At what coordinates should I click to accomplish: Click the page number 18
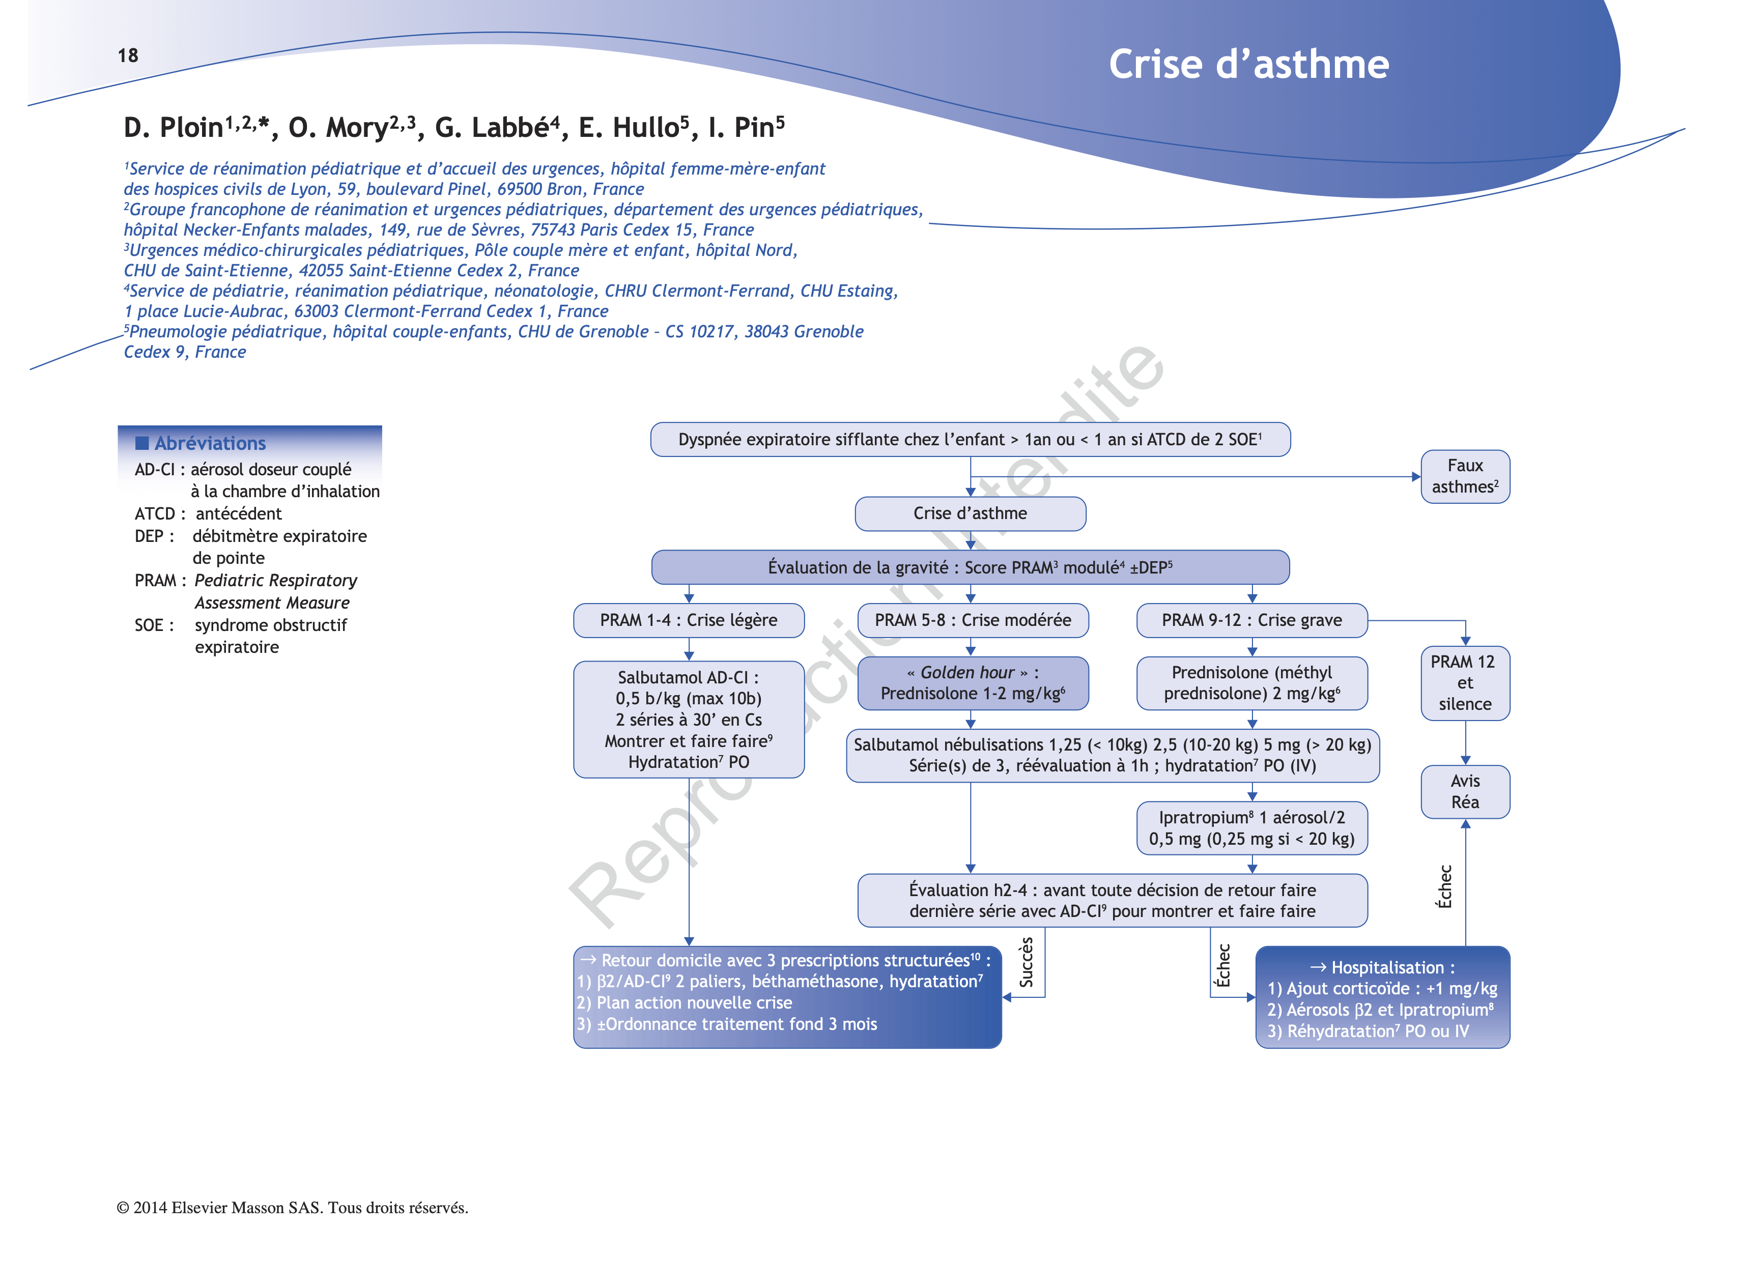pos(128,55)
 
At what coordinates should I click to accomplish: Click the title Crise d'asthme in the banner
pos(1248,64)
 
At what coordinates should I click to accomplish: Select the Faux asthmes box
pos(1464,476)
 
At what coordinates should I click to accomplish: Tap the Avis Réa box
pos(1464,791)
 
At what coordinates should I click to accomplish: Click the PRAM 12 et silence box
pos(1464,682)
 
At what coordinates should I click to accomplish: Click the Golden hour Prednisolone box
pos(972,683)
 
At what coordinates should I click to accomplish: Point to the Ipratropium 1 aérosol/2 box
pos(1251,828)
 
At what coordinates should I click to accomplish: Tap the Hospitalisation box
pos(1382,998)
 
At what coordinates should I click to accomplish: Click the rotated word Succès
pos(1026,962)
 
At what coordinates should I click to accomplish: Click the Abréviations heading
pos(210,443)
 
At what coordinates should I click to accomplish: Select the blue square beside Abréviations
pos(141,443)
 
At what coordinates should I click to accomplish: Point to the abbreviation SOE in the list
pos(149,625)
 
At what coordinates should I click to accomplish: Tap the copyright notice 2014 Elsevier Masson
pos(292,1208)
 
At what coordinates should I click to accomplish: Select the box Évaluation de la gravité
pos(970,567)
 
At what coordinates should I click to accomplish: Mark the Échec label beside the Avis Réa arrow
pos(1444,887)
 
